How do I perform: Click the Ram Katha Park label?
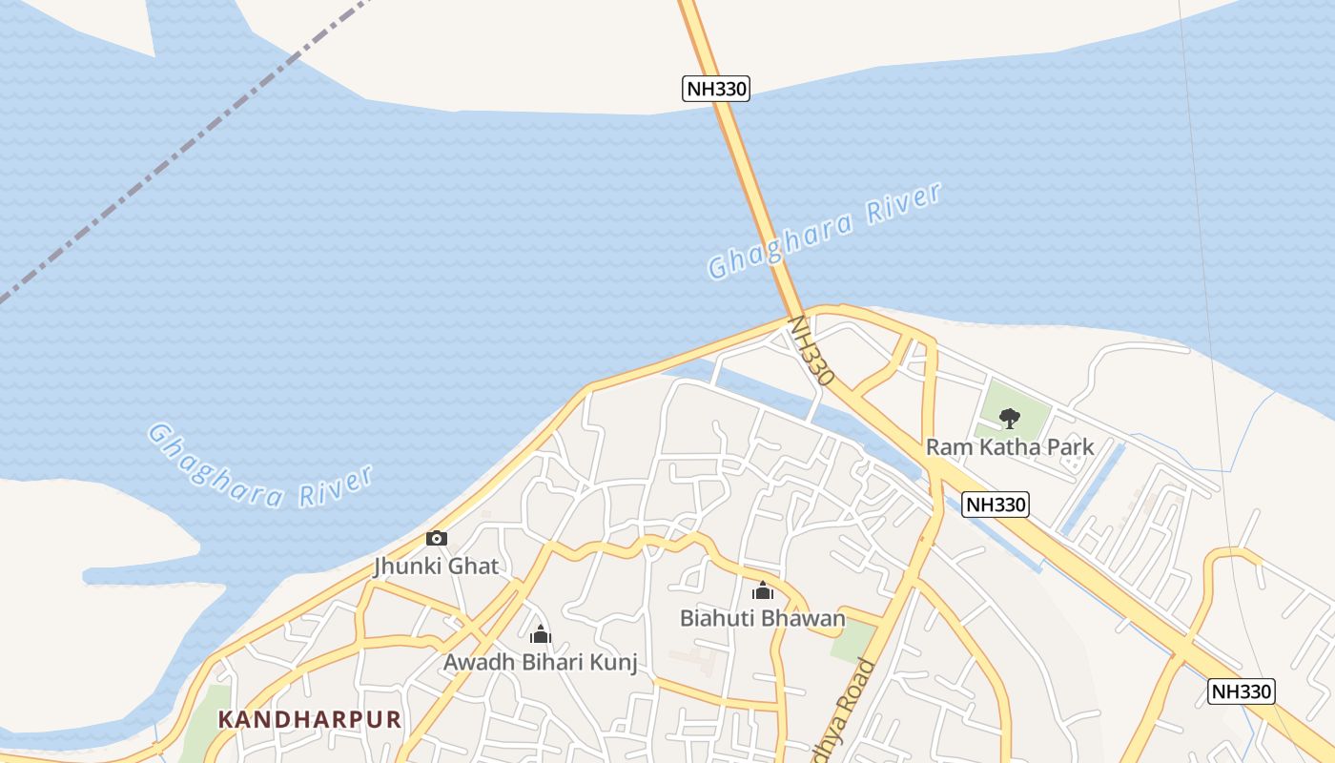(x=1010, y=447)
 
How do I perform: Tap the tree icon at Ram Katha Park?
(x=1009, y=418)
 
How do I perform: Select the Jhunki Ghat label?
(x=436, y=567)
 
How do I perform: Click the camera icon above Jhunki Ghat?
(x=437, y=538)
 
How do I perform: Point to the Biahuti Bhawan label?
(x=762, y=619)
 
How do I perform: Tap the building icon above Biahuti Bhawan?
(x=762, y=591)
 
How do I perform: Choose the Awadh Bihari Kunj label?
(x=540, y=662)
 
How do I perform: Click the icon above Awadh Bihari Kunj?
(x=541, y=634)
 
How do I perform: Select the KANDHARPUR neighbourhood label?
(x=310, y=719)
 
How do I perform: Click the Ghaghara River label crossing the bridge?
(x=825, y=231)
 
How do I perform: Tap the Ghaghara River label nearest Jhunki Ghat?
(x=259, y=465)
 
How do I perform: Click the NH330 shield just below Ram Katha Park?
(x=996, y=505)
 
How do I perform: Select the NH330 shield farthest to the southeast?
(x=1242, y=691)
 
